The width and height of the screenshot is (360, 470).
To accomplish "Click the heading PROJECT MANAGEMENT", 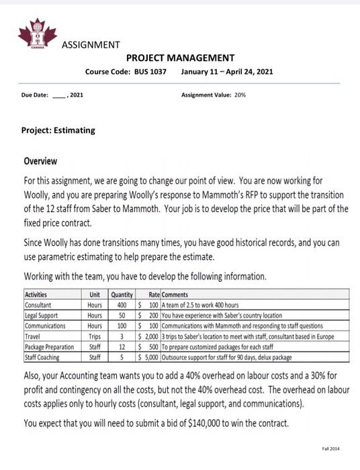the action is (180, 58).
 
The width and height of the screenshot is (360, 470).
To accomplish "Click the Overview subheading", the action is (40, 162).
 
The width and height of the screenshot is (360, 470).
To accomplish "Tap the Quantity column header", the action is (122, 294).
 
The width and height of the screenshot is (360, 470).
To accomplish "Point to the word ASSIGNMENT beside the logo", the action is (91, 45).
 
